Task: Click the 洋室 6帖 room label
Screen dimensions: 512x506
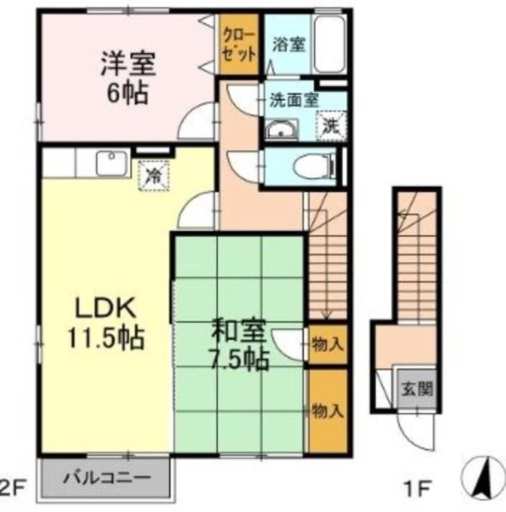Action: click(x=127, y=77)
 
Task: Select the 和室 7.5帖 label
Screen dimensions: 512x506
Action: click(x=237, y=344)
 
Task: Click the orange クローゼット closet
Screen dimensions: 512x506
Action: click(x=239, y=44)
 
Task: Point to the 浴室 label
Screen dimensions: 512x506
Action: click(x=289, y=45)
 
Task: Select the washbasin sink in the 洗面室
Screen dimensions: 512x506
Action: click(x=281, y=129)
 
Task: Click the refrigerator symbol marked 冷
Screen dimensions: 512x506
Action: click(x=154, y=175)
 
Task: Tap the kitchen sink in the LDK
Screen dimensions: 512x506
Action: click(x=111, y=163)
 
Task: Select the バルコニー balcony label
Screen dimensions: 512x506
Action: click(x=108, y=478)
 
